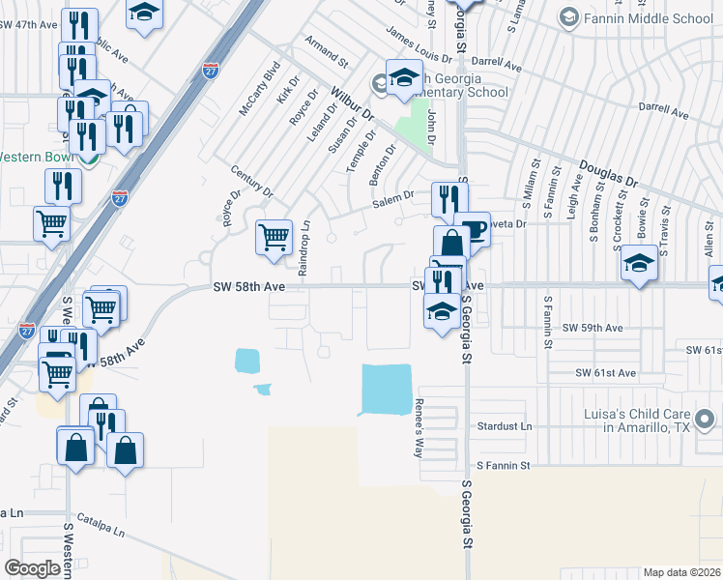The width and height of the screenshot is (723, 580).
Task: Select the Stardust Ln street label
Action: [x=505, y=426]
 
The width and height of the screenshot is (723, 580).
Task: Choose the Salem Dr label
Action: [x=394, y=196]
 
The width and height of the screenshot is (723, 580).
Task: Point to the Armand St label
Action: [x=326, y=53]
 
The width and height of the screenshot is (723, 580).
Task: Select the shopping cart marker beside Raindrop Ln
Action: [x=275, y=237]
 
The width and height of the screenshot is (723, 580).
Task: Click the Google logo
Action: [x=32, y=568]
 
